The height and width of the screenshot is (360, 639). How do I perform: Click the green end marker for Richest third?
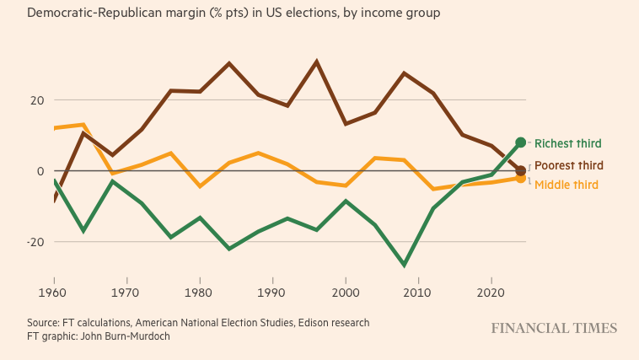click(520, 142)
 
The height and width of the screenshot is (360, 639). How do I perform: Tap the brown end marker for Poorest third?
click(520, 170)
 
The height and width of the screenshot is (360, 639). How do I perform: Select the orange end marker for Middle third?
click(520, 179)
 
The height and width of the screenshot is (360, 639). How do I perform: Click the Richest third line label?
click(567, 143)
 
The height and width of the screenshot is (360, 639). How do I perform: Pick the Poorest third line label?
click(568, 165)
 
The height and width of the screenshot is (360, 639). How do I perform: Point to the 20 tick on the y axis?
click(35, 99)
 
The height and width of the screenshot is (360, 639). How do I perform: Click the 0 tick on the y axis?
click(38, 170)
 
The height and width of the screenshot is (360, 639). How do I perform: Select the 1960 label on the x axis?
click(54, 292)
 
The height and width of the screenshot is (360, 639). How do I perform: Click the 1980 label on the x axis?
click(200, 292)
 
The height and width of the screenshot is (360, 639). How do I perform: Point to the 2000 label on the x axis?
click(346, 292)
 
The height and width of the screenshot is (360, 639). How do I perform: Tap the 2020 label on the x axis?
click(491, 292)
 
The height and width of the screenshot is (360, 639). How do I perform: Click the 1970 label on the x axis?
click(126, 292)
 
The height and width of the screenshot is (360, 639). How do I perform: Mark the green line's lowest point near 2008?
click(404, 266)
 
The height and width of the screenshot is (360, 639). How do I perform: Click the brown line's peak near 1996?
click(316, 62)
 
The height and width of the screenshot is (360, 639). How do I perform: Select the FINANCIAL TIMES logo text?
click(554, 329)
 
